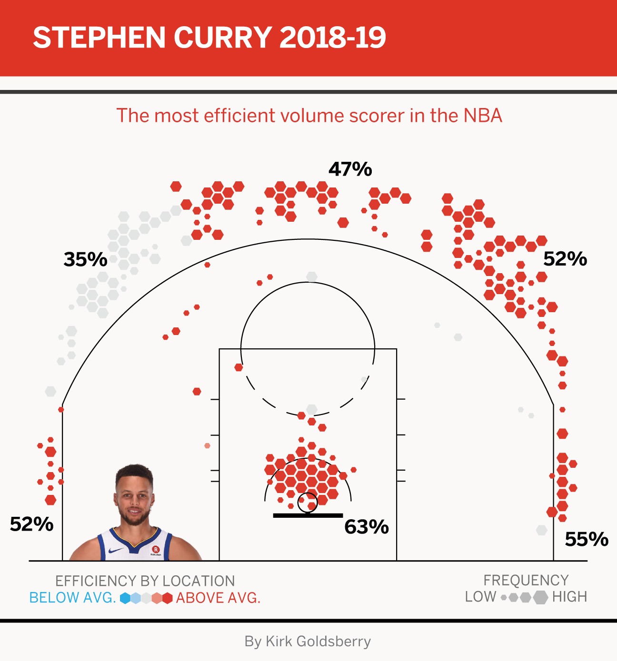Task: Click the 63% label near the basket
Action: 367,527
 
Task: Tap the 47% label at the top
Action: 350,169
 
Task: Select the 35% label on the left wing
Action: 86,260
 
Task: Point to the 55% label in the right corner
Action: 587,540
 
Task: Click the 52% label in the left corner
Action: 31,524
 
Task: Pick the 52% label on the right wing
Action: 565,259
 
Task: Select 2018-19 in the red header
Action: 332,38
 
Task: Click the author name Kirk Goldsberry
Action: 318,641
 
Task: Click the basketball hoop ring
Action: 308,503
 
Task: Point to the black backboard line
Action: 308,515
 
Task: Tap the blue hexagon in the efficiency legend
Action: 125,598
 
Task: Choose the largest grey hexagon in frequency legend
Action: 540,597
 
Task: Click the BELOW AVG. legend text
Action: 73,598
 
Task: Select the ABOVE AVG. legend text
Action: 219,598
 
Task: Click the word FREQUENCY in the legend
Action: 526,581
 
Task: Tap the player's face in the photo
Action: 134,497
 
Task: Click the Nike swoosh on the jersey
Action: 116,551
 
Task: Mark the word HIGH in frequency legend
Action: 569,597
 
